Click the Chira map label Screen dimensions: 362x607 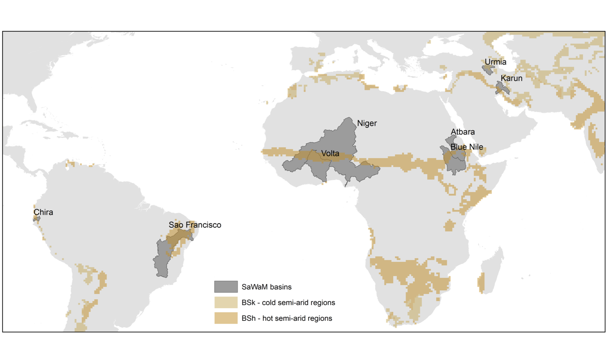tap(43, 212)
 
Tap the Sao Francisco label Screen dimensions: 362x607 tap(195, 225)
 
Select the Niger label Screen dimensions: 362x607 tap(367, 123)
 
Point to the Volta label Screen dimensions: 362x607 tap(330, 153)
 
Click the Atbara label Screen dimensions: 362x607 tap(462, 132)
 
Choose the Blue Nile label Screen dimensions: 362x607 tap(466, 147)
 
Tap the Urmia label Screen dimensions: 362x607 tap(495, 62)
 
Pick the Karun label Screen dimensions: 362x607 tap(511, 78)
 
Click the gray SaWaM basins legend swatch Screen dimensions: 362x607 tap(226, 287)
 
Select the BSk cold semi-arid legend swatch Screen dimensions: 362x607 tap(226, 302)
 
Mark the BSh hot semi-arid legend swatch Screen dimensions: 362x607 tap(226, 318)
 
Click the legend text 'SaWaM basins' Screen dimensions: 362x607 tap(266, 287)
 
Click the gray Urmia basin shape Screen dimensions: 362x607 tap(488, 69)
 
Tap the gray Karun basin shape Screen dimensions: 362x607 tap(501, 87)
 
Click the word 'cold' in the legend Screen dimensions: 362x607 tap(269, 302)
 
